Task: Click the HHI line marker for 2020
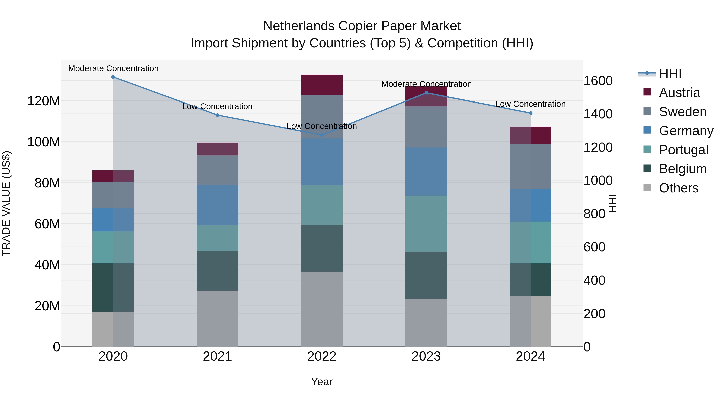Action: point(113,77)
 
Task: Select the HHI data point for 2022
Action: point(322,135)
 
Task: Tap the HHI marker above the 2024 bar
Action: point(530,113)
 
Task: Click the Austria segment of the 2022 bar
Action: point(322,85)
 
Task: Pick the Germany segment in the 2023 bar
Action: point(426,171)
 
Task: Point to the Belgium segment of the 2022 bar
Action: point(322,248)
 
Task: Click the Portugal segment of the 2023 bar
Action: point(426,223)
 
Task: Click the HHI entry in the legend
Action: point(670,74)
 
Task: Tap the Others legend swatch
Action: point(647,187)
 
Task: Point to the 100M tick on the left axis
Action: point(44,142)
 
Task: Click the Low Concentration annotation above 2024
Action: point(530,104)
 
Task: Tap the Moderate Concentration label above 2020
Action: point(113,69)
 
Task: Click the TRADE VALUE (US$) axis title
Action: point(6,203)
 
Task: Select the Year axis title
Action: point(322,382)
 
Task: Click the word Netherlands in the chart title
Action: point(299,26)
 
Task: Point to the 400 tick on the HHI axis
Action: point(594,280)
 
